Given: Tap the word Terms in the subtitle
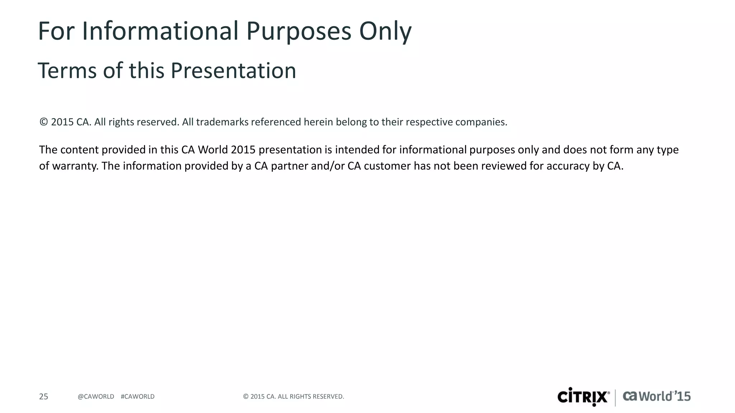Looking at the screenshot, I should point(67,71).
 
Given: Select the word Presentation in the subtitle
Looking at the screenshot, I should point(233,71).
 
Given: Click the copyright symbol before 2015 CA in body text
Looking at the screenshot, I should point(43,122).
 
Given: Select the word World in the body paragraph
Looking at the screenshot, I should point(213,150).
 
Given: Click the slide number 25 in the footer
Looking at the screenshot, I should point(43,397).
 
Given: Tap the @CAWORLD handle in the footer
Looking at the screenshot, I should point(96,397).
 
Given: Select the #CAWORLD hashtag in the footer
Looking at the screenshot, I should point(137,397).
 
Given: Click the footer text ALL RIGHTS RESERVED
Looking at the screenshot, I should point(310,397).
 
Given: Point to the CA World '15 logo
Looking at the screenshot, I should point(656,396).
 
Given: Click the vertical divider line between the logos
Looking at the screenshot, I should point(615,397).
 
